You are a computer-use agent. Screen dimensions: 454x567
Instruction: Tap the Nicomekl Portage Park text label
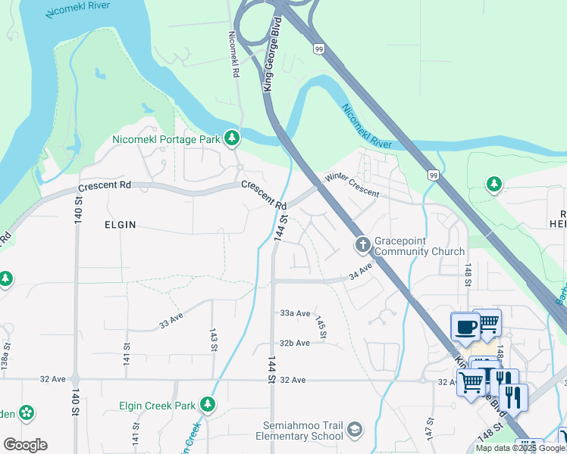166,139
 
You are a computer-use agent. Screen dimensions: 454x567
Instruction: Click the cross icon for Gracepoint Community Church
362,244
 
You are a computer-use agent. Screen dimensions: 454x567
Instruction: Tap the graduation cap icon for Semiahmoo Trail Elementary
354,431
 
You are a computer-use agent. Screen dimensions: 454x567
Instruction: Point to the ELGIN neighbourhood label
121,225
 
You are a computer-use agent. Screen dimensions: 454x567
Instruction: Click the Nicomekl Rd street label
234,54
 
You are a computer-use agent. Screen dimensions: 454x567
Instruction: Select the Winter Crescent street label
352,186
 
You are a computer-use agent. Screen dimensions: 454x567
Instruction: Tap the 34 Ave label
362,270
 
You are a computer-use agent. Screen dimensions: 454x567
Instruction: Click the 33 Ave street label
172,319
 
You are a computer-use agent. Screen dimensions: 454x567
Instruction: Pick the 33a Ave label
295,313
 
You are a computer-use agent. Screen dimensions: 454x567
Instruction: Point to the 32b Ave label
294,343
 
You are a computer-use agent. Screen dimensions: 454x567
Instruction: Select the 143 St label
214,340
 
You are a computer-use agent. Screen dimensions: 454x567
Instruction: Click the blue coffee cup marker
465,328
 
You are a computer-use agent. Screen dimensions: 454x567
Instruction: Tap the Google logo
25,445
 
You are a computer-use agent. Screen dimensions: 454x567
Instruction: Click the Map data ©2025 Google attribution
521,448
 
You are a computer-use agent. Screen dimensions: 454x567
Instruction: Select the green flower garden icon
27,413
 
